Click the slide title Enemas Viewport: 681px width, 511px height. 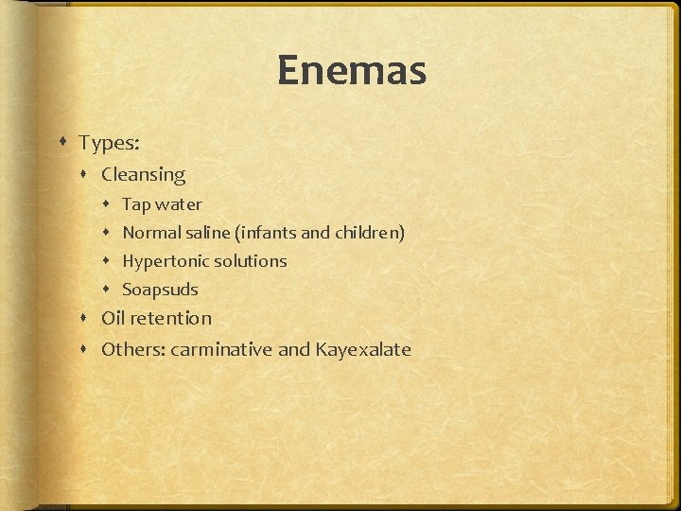point(352,71)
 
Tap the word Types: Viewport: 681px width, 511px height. point(110,143)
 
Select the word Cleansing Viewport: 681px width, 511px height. point(143,174)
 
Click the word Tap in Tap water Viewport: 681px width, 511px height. point(136,204)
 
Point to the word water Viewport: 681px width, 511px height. point(179,204)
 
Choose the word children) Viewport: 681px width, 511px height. point(370,232)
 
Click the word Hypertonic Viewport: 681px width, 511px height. point(164,261)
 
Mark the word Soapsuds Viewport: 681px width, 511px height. point(160,290)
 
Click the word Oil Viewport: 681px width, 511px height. point(113,318)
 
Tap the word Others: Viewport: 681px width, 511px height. point(131,349)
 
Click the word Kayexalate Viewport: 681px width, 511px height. point(363,349)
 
